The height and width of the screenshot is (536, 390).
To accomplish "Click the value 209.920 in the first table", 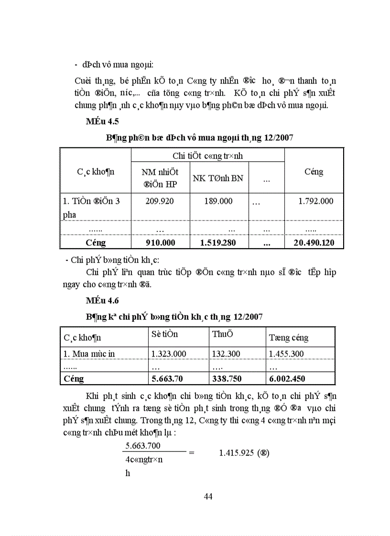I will [161, 201].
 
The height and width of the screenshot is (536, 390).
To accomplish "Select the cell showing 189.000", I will [218, 201].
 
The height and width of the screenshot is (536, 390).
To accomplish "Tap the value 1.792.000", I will [315, 201].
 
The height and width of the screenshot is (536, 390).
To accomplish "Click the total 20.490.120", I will [314, 243].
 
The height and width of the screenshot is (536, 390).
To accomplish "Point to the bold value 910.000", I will [161, 243].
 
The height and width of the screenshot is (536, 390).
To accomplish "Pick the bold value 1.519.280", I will [219, 243].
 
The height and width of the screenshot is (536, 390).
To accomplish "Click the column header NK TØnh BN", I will [218, 178].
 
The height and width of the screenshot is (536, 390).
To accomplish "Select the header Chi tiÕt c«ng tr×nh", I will [207, 156].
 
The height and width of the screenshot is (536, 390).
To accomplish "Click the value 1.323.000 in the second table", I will [168, 354].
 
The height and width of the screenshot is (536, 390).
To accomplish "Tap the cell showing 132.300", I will [226, 354].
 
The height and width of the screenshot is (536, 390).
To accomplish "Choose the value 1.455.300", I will [286, 354].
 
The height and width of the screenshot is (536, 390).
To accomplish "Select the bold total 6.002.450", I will [287, 378].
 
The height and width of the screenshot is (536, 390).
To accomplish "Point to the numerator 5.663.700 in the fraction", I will [142, 445].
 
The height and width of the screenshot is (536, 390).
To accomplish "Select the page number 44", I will [208, 496].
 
